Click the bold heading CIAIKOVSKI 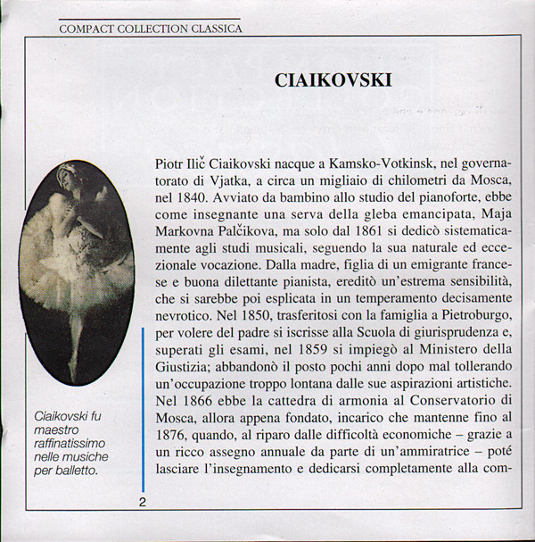333,80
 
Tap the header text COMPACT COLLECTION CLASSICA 150,29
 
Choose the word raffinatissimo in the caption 69,442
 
